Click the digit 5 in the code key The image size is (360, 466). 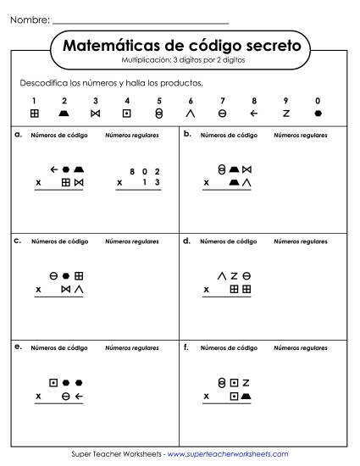(159, 100)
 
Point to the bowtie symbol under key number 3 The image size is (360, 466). (96, 113)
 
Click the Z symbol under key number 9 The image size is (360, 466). (285, 113)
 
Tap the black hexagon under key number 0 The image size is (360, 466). (317, 113)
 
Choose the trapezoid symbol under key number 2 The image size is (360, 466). (65, 113)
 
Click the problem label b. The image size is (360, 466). (186, 134)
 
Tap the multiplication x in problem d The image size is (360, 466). (207, 289)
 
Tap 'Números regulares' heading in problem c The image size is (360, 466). (131, 241)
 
